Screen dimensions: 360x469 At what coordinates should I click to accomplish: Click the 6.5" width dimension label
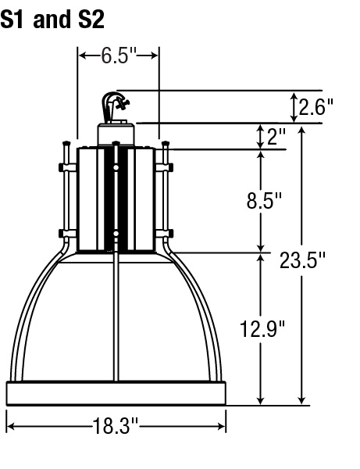point(119,55)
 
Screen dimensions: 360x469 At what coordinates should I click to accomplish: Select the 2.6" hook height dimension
point(315,107)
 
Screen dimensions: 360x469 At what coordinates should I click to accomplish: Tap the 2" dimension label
point(276,136)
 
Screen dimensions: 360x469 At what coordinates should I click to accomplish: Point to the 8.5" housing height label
point(264,200)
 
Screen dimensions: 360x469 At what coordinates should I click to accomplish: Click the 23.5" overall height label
point(302,260)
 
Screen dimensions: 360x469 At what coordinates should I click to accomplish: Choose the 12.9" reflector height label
point(262,329)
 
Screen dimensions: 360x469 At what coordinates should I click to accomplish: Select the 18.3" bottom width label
point(116,426)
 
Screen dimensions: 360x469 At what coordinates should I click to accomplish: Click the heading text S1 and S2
point(52,19)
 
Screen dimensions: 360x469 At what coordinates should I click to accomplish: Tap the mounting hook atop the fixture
point(114,106)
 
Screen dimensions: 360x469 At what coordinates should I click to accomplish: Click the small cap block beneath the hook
point(116,134)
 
